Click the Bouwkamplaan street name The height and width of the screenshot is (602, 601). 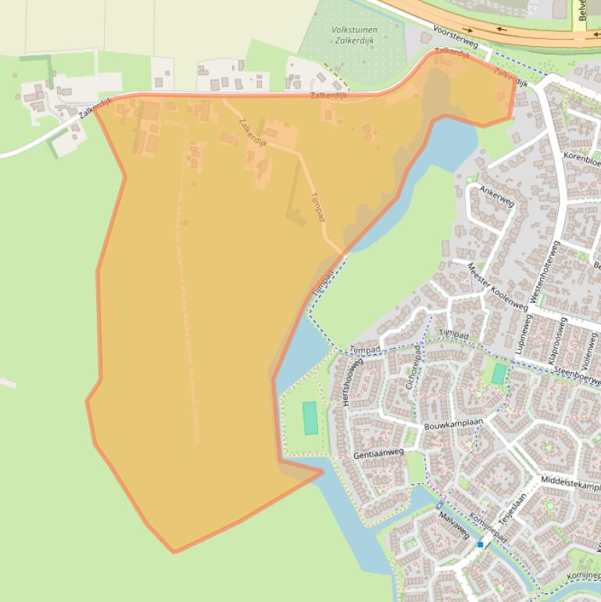(x=454, y=425)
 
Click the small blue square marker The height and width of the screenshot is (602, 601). (x=480, y=544)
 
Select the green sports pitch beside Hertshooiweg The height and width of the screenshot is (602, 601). (x=310, y=417)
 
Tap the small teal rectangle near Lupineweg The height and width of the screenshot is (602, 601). (x=499, y=374)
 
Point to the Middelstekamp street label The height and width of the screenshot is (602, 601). (x=571, y=482)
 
